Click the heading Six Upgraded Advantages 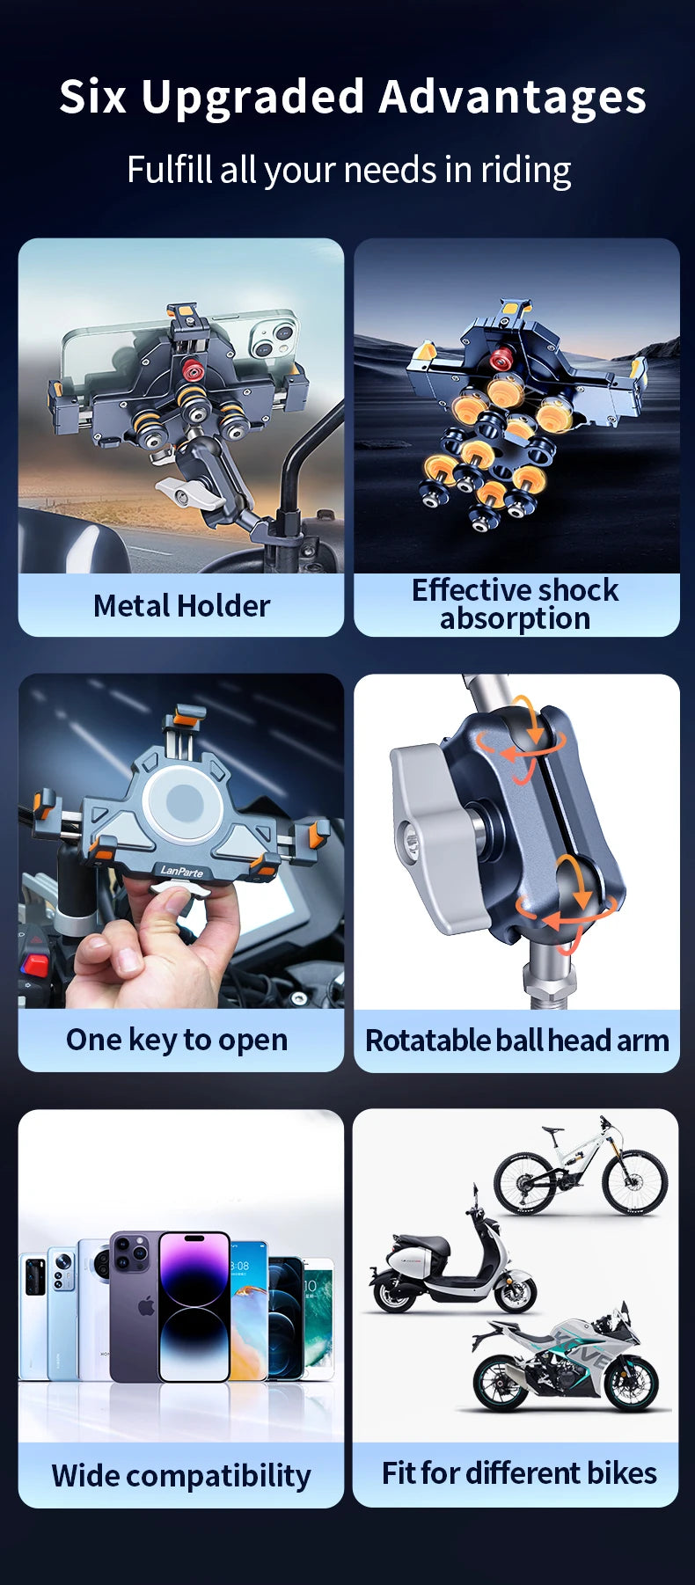pyautogui.click(x=352, y=97)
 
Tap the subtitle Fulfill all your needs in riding pyautogui.click(x=348, y=170)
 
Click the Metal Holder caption pyautogui.click(x=181, y=606)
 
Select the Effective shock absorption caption pyautogui.click(x=516, y=603)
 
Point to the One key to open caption pyautogui.click(x=177, y=1040)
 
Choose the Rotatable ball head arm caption pyautogui.click(x=516, y=1041)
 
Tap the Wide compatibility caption pyautogui.click(x=181, y=1475)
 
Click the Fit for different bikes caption pyautogui.click(x=519, y=1472)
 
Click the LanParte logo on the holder pyautogui.click(x=182, y=871)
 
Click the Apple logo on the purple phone pyautogui.click(x=146, y=1305)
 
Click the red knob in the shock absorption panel pyautogui.click(x=501, y=359)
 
